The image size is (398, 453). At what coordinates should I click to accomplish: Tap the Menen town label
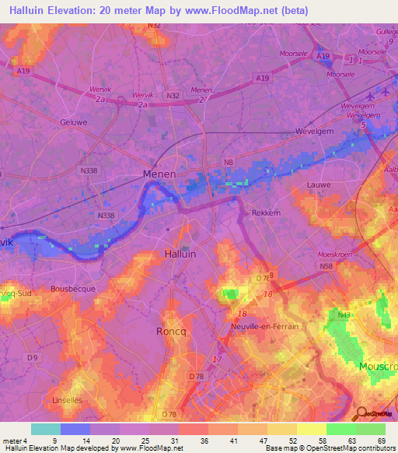159,174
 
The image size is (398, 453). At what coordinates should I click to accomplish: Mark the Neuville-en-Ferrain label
265,327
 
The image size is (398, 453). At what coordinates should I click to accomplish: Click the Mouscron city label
378,366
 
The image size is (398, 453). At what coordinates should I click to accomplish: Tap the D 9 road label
31,357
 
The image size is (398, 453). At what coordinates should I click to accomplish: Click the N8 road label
229,162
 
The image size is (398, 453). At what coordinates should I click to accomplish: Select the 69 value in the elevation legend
381,440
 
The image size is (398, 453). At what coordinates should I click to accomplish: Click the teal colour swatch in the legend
46,429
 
